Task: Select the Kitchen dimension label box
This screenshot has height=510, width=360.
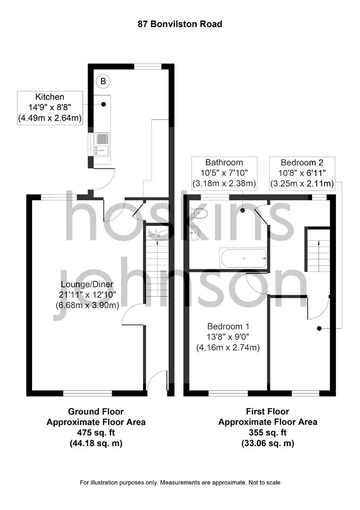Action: click(50, 108)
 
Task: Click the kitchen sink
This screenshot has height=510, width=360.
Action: click(102, 144)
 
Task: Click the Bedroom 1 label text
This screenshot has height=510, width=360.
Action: click(228, 326)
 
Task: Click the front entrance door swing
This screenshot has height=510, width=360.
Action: click(158, 381)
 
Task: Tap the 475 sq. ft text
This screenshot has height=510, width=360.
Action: click(96, 432)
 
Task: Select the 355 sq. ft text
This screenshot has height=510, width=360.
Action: click(268, 432)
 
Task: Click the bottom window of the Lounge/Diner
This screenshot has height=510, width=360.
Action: click(88, 393)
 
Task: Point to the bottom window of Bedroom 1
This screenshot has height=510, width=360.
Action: click(228, 393)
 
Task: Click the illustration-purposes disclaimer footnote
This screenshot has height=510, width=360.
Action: click(180, 483)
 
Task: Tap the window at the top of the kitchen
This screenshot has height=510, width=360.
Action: click(147, 66)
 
